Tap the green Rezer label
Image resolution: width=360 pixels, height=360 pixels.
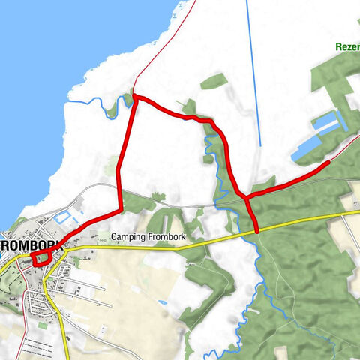pos(346,46)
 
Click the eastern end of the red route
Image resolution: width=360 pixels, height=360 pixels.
pos(328,162)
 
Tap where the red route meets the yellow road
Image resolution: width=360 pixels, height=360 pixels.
pos(256,231)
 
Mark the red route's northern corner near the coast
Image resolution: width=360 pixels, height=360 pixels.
pos(134,95)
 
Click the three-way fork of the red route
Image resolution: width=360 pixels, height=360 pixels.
pos(246,198)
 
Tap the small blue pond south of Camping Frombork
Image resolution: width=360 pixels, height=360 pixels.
pos(163,302)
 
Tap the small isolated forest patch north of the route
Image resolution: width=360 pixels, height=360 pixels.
pos(214,81)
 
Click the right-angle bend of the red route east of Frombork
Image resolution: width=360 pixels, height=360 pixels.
pos(120,208)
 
